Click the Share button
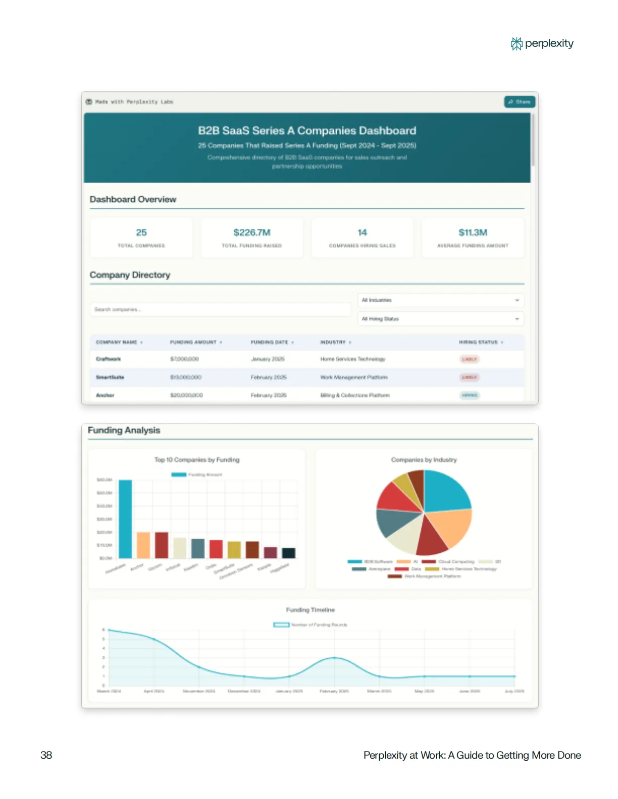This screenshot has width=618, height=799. tap(520, 102)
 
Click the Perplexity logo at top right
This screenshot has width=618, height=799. tap(542, 44)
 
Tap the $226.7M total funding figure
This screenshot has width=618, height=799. tap(251, 233)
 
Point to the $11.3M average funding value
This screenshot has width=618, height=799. tap(473, 233)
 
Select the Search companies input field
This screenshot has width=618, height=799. tap(220, 309)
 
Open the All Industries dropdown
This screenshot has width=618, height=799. tap(440, 300)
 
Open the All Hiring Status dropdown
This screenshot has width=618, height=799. tap(440, 319)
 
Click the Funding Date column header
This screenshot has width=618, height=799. tap(270, 343)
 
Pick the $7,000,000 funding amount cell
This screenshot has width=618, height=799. tap(184, 359)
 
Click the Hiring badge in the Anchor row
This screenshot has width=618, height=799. tap(469, 395)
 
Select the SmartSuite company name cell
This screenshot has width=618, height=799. tap(110, 377)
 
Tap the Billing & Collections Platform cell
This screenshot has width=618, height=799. tap(354, 395)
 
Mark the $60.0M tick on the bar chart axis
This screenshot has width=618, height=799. tap(105, 480)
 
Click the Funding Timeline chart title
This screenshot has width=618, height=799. tap(310, 610)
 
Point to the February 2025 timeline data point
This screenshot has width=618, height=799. tap(334, 658)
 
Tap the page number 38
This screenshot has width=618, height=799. tap(46, 755)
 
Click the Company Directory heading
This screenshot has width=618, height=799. tap(130, 275)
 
